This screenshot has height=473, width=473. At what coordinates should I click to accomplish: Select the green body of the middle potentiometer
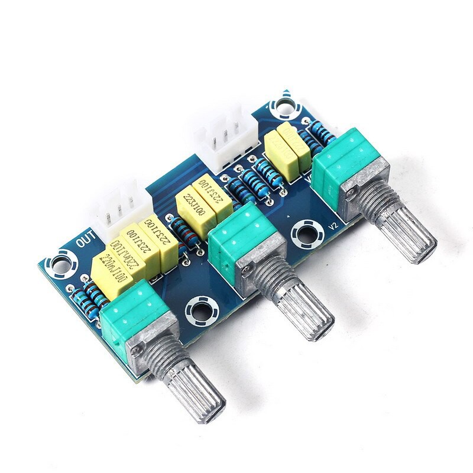pyautogui.click(x=234, y=237)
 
